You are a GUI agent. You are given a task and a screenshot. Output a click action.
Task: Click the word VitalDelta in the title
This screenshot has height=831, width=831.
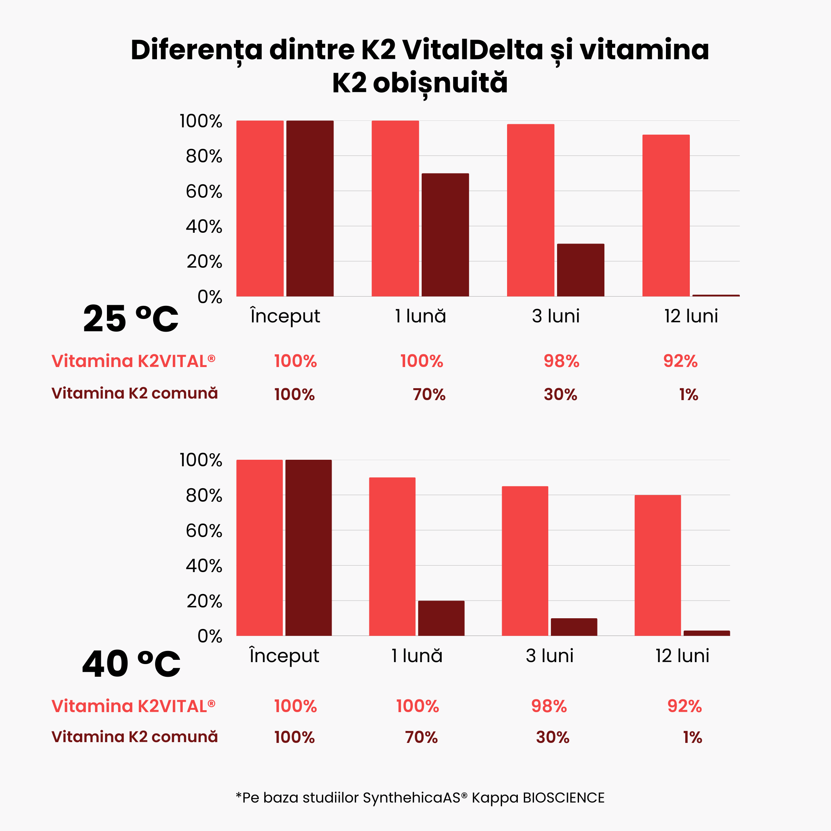tap(473, 50)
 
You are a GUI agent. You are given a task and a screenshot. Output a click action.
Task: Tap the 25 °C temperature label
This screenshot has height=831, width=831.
tap(130, 319)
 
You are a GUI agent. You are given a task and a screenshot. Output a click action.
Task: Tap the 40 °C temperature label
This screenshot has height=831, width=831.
tap(131, 664)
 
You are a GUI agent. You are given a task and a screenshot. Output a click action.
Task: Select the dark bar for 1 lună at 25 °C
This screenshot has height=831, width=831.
tap(445, 235)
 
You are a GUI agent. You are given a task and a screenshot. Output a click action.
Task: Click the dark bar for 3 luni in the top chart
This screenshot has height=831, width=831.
tap(580, 270)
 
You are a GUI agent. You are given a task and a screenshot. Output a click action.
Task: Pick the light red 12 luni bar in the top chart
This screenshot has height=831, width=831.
tap(666, 215)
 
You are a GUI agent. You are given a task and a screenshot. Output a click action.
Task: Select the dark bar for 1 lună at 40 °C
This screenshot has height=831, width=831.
tap(441, 618)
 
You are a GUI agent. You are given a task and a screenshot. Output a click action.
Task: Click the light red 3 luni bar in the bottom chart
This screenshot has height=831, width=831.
tap(525, 561)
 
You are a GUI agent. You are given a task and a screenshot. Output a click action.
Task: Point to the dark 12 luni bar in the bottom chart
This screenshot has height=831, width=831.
tap(706, 633)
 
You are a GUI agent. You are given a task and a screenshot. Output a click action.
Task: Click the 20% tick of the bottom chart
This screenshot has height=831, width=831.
tap(204, 601)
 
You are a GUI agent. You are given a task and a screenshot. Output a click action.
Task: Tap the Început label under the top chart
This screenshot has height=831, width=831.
tap(285, 317)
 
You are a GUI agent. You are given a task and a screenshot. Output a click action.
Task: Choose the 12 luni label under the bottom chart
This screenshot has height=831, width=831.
tap(682, 656)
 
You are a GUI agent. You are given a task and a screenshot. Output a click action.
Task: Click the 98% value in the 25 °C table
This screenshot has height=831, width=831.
tap(561, 361)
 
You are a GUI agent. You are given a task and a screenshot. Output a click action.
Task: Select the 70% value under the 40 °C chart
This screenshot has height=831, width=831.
tap(421, 738)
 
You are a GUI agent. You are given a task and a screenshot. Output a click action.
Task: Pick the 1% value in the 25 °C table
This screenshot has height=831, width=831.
tap(688, 395)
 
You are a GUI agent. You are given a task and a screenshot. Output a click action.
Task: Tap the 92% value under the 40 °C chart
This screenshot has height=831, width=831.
tap(684, 706)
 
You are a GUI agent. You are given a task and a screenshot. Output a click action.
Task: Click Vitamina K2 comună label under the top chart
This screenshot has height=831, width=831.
tap(135, 393)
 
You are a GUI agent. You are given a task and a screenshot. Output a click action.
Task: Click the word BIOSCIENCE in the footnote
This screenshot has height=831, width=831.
tap(564, 798)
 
